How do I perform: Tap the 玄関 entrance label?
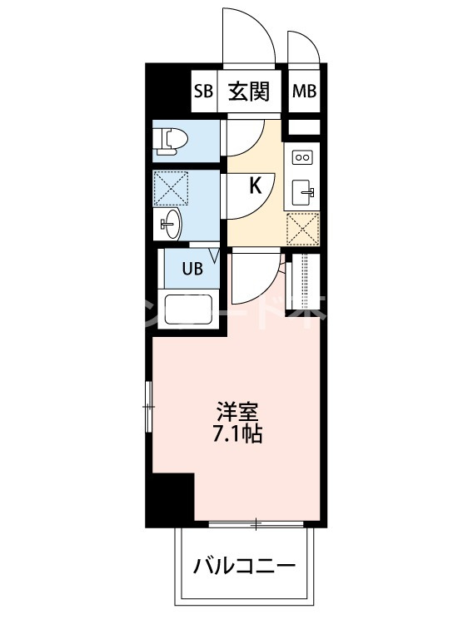[x=249, y=92]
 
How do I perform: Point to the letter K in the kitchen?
[x=256, y=185]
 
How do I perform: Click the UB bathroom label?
[x=192, y=270]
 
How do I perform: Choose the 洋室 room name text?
[x=238, y=411]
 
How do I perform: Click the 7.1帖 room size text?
[x=238, y=433]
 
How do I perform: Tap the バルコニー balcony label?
[x=245, y=568]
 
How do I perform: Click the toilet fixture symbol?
[x=170, y=141]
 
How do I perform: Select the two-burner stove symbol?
[x=302, y=156]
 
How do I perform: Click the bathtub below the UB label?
[x=191, y=310]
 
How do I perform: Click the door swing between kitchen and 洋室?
[x=254, y=279]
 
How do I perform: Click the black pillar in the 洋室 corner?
[x=171, y=499]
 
